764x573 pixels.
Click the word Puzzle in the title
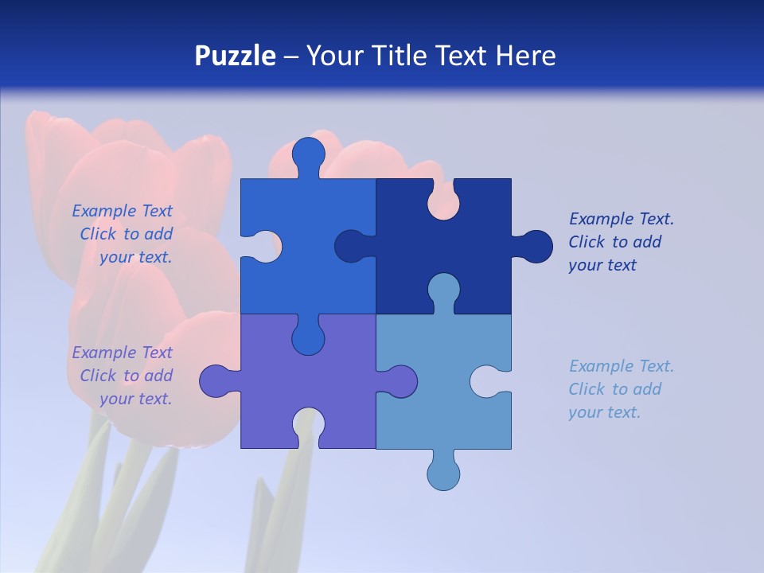(x=236, y=56)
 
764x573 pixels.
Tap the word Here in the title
(x=524, y=56)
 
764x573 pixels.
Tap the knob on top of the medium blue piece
(x=309, y=154)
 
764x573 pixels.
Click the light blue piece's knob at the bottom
(x=443, y=474)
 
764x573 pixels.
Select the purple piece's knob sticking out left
(x=216, y=381)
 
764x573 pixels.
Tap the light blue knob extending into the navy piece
(x=443, y=290)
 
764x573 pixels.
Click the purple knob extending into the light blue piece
(x=400, y=381)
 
